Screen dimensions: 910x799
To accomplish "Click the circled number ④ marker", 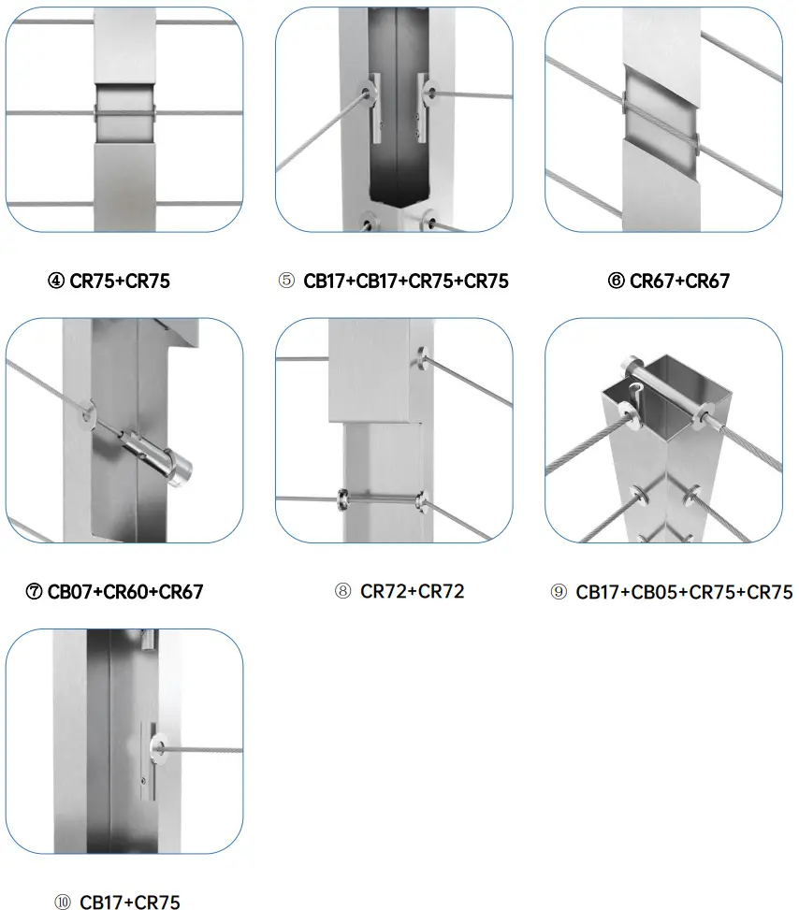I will pos(57,281).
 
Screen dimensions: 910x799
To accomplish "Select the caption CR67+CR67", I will pos(679,281).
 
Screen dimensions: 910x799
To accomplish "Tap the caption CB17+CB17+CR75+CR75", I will pos(405,281).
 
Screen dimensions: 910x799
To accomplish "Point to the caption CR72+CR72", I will pos(412,591).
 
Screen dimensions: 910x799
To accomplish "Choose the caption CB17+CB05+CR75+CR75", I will pos(684,591).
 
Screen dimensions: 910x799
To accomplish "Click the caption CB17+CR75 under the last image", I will pos(129,902).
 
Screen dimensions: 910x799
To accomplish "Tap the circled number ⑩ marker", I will pos(63,902).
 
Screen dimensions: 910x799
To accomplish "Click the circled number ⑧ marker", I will pos(343,591).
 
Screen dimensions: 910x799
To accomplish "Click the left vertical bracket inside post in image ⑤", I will pos(376,107).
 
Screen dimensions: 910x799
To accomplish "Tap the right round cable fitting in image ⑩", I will pos(155,748).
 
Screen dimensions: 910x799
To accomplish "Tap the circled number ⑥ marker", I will pos(617,281).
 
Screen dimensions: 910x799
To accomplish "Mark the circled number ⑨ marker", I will pos(559,591).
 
